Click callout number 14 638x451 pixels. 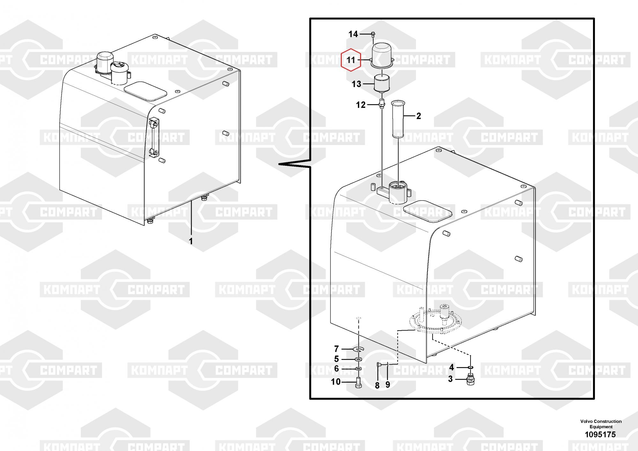click(x=353, y=34)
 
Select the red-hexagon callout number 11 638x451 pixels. click(x=351, y=60)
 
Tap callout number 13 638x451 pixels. click(x=356, y=84)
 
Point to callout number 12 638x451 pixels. click(x=360, y=105)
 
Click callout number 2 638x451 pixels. click(x=419, y=116)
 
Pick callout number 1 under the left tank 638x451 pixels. click(x=191, y=241)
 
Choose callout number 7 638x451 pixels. click(x=336, y=349)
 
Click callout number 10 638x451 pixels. click(x=336, y=382)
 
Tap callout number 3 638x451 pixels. click(x=450, y=379)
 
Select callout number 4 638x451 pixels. click(x=451, y=367)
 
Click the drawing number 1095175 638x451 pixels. click(x=600, y=434)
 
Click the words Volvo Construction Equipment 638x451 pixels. click(x=601, y=424)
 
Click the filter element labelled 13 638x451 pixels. click(x=382, y=83)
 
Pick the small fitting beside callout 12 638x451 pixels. click(x=382, y=104)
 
